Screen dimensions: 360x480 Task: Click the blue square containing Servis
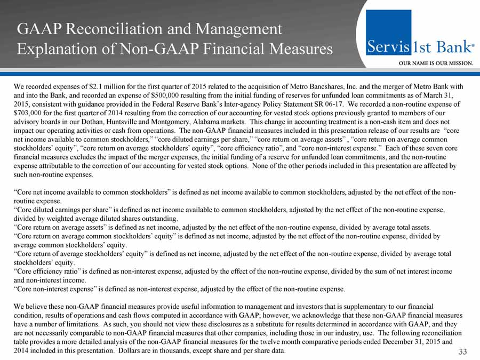(388, 33)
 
